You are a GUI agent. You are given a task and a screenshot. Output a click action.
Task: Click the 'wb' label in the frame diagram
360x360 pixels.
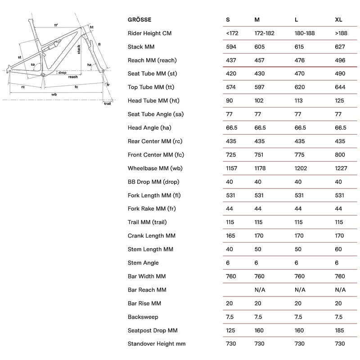point(54,94)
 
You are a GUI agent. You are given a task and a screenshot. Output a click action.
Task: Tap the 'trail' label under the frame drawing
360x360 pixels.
point(107,103)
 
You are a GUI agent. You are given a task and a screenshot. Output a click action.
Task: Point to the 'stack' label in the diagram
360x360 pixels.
point(79,49)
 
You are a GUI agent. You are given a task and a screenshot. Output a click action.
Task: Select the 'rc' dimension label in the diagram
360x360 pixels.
point(23,87)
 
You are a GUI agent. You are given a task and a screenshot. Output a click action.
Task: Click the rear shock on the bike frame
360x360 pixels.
point(50,44)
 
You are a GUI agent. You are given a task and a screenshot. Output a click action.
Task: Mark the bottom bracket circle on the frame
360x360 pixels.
point(43,75)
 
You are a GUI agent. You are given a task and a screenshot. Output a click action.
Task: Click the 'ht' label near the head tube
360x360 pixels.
point(91,27)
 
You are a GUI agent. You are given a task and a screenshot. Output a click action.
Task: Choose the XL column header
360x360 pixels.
point(338,20)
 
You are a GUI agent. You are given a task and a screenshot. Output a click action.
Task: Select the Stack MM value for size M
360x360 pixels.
point(260,47)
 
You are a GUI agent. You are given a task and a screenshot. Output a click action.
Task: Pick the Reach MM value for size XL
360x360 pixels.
point(341,60)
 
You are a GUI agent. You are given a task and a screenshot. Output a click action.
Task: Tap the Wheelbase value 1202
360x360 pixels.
point(301,168)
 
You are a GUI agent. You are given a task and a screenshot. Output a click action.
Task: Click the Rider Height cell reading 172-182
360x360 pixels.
point(265,33)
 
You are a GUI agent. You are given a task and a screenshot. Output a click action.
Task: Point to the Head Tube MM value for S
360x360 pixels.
point(229,101)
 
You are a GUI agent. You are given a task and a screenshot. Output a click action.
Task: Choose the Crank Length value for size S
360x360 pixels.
point(230,236)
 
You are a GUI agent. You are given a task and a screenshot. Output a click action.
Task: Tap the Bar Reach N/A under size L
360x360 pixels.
point(300,290)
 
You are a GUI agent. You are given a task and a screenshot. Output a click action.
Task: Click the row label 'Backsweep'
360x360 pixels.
point(143,317)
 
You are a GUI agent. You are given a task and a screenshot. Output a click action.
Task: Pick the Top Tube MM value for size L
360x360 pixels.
point(300,87)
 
